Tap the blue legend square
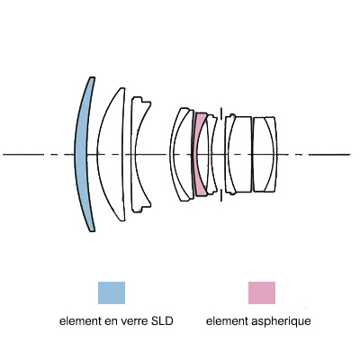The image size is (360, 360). (x=112, y=292)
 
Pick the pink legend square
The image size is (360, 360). (x=262, y=292)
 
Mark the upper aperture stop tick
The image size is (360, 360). (x=221, y=113)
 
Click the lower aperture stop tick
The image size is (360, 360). (x=221, y=195)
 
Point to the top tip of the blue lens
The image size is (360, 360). (x=93, y=77)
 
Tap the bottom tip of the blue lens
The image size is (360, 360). (x=93, y=231)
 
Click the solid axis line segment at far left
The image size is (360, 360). (x=23, y=155)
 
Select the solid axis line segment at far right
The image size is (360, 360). (x=329, y=155)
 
